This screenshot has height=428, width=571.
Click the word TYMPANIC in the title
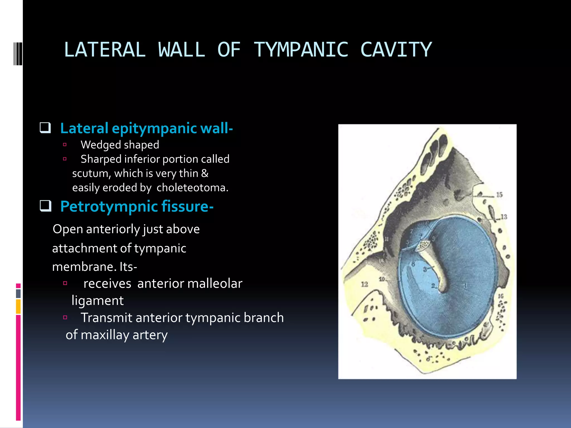pyautogui.click(x=301, y=50)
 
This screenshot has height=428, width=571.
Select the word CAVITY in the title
pyautogui.click(x=396, y=50)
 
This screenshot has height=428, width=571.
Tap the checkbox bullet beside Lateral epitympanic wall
pyautogui.click(x=45, y=128)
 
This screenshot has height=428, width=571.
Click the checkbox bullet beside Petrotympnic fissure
pyautogui.click(x=45, y=206)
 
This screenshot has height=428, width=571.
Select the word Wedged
pyautogui.click(x=100, y=145)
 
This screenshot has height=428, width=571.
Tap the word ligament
pyautogui.click(x=97, y=301)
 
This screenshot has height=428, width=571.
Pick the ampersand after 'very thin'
pyautogui.click(x=205, y=173)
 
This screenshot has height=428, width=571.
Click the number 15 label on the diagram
pyautogui.click(x=499, y=195)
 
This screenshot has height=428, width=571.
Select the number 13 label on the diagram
pyautogui.click(x=504, y=217)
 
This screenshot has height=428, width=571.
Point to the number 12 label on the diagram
pyautogui.click(x=364, y=284)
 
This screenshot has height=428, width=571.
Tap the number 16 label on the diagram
pyautogui.click(x=501, y=296)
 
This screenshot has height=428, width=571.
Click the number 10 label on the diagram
pyautogui.click(x=382, y=279)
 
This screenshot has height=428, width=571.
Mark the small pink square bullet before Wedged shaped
pyautogui.click(x=65, y=145)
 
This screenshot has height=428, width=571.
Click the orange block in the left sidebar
pyautogui.click(x=18, y=307)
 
